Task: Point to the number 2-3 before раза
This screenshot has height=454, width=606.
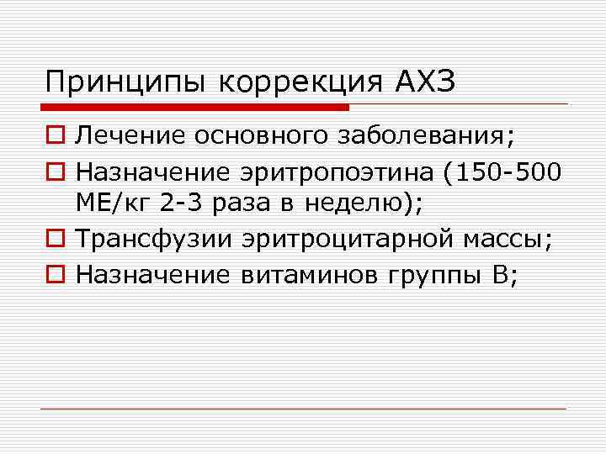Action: [180, 203]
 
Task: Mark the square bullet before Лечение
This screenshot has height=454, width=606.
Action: [55, 135]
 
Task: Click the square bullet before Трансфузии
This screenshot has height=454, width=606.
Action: [55, 241]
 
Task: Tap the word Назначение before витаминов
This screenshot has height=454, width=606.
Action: [153, 274]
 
